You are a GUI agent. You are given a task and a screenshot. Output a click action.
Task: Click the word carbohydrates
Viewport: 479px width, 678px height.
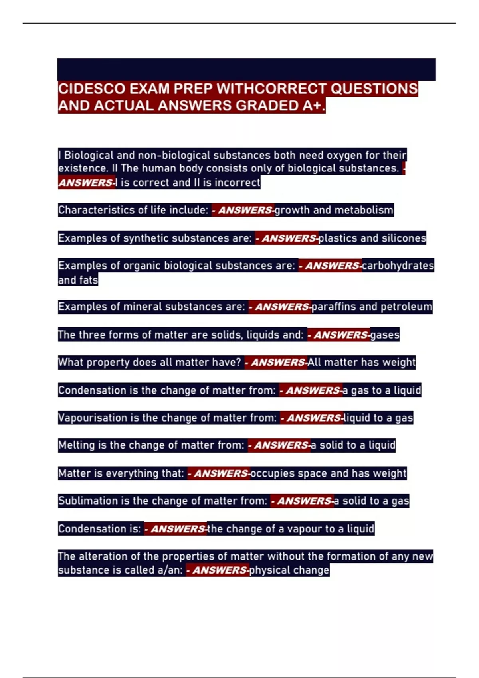(398, 266)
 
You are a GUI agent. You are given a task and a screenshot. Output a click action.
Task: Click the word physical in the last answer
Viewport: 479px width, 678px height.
(267, 570)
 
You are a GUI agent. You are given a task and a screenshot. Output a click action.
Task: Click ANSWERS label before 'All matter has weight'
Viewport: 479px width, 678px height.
(277, 363)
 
